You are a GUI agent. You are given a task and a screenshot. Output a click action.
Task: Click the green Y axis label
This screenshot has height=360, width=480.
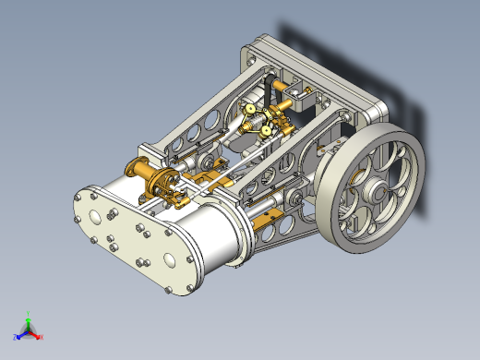(x=29, y=314)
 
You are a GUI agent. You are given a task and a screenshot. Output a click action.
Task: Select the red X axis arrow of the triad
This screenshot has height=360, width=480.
(x=38, y=334)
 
